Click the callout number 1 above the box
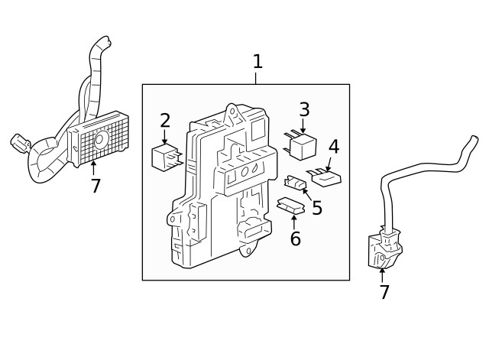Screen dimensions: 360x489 point(257,61)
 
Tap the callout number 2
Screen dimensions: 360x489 point(165,120)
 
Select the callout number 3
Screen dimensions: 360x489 point(304,110)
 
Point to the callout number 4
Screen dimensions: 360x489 point(334,146)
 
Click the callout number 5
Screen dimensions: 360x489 point(316,207)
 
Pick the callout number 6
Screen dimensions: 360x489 point(295,238)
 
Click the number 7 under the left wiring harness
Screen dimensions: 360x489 point(95,186)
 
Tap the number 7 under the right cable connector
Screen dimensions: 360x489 point(384,291)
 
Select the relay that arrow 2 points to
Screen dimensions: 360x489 point(167,157)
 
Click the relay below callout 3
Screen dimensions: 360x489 point(303,143)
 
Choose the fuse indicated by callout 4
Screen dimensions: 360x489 point(324,177)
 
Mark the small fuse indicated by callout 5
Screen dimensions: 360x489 point(293,183)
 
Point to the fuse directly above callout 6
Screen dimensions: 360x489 point(288,206)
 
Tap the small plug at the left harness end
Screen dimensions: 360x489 point(18,142)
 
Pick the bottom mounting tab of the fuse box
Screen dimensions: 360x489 point(246,249)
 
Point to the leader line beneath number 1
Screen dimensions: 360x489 point(257,77)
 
